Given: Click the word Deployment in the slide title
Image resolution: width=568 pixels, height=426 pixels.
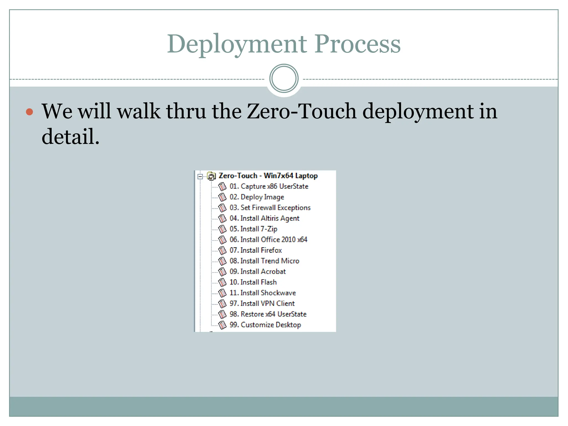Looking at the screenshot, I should click(x=237, y=44).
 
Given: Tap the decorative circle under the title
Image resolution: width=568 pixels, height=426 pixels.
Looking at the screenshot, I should click(x=284, y=78).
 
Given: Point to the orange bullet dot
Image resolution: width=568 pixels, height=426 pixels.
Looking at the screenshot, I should click(x=29, y=112).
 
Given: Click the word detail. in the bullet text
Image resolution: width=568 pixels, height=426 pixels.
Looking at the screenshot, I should click(x=70, y=136).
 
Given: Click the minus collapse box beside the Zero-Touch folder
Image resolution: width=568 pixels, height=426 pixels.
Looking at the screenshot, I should click(x=200, y=176).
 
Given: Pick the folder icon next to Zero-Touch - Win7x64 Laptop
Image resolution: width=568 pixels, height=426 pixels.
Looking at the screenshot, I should click(x=211, y=176).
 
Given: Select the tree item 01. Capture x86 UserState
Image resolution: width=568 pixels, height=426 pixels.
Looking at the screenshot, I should click(x=269, y=186).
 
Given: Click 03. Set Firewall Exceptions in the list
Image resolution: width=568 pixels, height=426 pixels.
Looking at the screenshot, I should click(x=270, y=208).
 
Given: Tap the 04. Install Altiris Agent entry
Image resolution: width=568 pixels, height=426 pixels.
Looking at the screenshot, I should click(x=264, y=219).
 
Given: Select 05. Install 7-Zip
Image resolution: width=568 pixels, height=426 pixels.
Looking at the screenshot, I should click(x=253, y=229).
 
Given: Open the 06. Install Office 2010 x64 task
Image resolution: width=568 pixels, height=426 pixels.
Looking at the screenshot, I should click(x=268, y=240).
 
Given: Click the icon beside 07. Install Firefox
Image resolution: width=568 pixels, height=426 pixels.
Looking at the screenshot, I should click(x=222, y=250).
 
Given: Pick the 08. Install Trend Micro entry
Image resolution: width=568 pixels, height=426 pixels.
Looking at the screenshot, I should click(x=264, y=261).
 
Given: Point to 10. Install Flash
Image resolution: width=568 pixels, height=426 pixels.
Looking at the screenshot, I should click(x=253, y=282).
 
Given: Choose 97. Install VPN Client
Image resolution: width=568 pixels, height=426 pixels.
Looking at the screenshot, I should click(x=262, y=304).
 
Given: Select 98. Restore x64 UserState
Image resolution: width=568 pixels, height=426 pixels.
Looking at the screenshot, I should click(x=268, y=314).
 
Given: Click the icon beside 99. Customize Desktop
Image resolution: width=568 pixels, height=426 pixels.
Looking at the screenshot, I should click(x=222, y=325).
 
